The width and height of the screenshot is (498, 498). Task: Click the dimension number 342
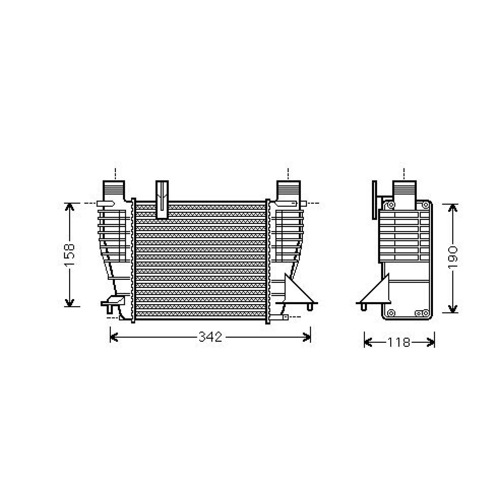210,337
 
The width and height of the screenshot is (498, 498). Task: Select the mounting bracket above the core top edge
162,199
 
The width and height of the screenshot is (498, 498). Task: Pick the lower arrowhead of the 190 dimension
453,308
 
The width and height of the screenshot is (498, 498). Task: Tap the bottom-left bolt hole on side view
392,313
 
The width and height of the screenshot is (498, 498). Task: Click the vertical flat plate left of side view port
374,200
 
